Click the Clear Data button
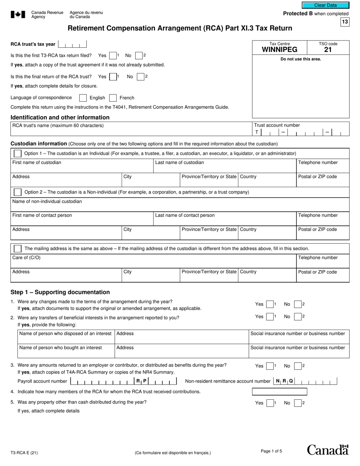(x=325, y=5)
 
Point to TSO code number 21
(x=328, y=50)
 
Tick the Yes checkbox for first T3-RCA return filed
(x=113, y=56)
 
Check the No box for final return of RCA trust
(x=140, y=77)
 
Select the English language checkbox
(x=83, y=98)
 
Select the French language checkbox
(x=113, y=98)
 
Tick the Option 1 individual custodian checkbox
(x=17, y=153)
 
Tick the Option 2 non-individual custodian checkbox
(x=17, y=192)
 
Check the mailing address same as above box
(x=17, y=249)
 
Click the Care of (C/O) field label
(x=27, y=258)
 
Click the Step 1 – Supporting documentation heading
(x=60, y=292)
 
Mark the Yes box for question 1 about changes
(x=269, y=304)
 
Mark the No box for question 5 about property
(x=298, y=403)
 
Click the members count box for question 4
(x=279, y=391)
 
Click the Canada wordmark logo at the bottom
(x=327, y=450)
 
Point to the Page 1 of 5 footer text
(x=271, y=451)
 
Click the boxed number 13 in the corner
(x=344, y=22)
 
